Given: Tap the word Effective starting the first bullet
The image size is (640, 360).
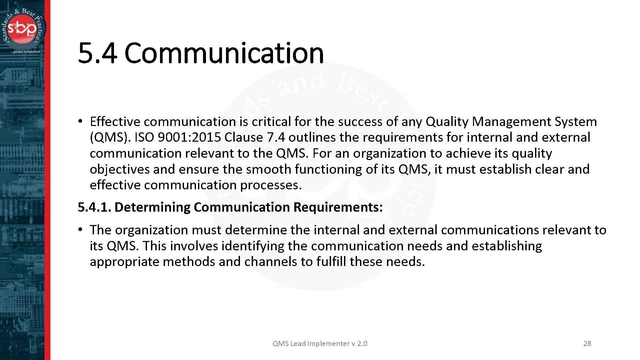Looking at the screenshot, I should [115, 122].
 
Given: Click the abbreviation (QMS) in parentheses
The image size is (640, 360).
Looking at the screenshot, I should [109, 137].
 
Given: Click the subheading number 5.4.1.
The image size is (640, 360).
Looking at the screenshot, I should [94, 207].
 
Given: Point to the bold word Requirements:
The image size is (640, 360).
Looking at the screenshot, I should [338, 207].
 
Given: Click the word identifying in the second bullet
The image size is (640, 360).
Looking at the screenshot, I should [253, 246].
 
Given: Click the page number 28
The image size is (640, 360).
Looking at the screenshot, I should [587, 344].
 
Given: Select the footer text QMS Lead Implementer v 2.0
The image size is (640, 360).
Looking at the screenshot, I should [320, 344].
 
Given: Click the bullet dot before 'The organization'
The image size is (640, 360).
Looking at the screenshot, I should [80, 230].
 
